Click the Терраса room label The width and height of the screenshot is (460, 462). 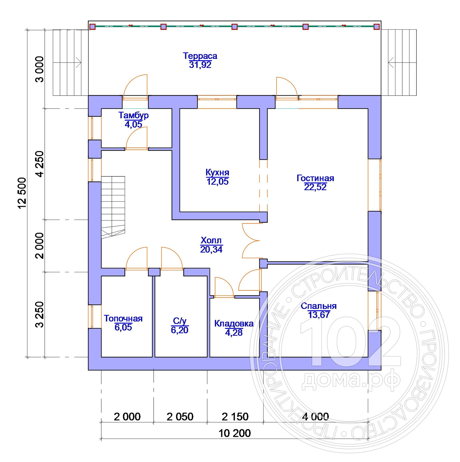(200, 56)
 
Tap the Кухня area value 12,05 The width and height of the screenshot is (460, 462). (217, 181)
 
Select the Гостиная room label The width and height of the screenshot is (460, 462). (315, 178)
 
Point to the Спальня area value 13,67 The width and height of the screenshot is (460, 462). (319, 315)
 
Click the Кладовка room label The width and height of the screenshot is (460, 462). (234, 324)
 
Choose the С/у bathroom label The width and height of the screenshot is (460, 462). (180, 321)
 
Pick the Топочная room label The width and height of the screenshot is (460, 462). (123, 318)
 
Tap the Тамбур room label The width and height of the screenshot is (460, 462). (134, 115)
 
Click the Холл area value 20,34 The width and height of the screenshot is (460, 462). (211, 249)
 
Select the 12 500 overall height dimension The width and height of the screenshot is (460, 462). (22, 193)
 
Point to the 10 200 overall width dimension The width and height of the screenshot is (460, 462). (235, 433)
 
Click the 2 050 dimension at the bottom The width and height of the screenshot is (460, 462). (180, 417)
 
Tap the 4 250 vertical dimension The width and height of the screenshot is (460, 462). (40, 164)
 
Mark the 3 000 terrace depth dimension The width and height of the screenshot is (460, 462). (40, 69)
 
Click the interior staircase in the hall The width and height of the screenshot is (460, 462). (113, 207)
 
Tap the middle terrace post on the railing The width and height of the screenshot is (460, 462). (234, 27)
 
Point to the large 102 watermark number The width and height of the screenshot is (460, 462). (350, 342)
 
